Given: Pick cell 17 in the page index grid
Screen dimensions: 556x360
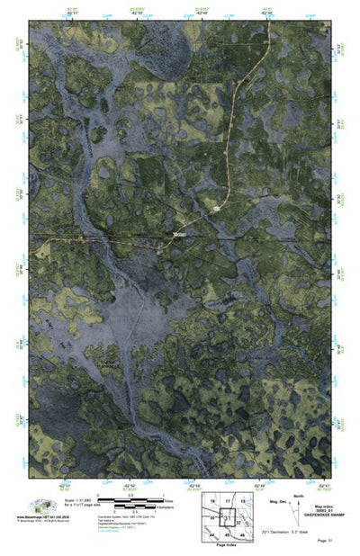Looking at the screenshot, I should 228,500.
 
